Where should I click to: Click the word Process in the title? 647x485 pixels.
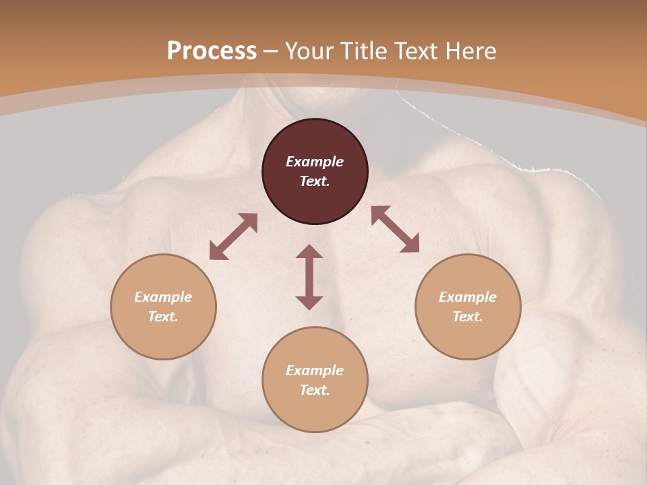coord(212,51)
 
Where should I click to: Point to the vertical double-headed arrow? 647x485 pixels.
coord(309,277)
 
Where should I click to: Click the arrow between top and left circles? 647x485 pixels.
coord(233,236)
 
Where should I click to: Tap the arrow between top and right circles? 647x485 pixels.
coord(395,229)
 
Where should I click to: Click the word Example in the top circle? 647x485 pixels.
coord(315,162)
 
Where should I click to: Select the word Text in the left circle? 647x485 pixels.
coord(163,317)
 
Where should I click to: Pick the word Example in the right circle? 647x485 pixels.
coord(468,297)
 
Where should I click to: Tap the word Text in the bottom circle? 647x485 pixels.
coord(315,390)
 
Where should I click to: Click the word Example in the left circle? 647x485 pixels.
coord(163,297)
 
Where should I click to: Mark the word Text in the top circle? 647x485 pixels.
coord(315,181)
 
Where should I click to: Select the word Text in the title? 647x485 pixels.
coord(416,51)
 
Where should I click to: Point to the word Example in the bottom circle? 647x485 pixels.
coord(315,370)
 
